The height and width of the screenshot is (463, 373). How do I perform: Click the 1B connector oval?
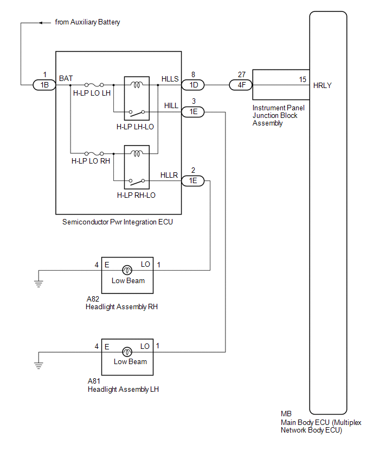click(x=44, y=85)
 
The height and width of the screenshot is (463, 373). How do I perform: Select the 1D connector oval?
click(x=193, y=85)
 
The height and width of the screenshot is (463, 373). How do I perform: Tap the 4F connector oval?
click(x=241, y=85)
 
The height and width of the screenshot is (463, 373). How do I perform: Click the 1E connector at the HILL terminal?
click(x=193, y=112)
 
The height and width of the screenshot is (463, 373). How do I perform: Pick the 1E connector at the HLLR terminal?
click(x=193, y=181)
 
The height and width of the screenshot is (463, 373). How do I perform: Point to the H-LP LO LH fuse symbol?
click(x=94, y=85)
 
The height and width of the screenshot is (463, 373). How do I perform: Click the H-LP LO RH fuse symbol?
click(x=94, y=154)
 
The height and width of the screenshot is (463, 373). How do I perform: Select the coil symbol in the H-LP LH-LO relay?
click(x=137, y=85)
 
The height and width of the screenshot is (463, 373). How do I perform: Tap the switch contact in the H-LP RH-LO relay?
click(x=137, y=182)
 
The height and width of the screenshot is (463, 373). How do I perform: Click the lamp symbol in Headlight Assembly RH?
click(x=127, y=270)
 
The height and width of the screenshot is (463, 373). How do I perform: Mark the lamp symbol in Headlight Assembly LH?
click(x=127, y=352)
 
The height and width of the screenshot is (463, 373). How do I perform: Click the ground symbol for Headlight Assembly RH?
click(x=38, y=284)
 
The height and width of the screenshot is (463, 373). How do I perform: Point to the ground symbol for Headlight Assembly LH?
click(x=38, y=365)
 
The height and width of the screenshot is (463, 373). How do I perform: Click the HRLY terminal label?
click(x=323, y=86)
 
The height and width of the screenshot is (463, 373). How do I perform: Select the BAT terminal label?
click(x=66, y=79)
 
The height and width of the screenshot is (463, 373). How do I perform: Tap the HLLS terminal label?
click(x=170, y=79)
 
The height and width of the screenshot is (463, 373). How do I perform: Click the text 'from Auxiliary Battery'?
click(x=87, y=22)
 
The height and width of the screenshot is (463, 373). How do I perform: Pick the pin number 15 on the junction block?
click(x=303, y=79)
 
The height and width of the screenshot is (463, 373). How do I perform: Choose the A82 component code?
click(x=93, y=299)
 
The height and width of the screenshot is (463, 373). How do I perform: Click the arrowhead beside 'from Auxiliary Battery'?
click(x=41, y=23)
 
